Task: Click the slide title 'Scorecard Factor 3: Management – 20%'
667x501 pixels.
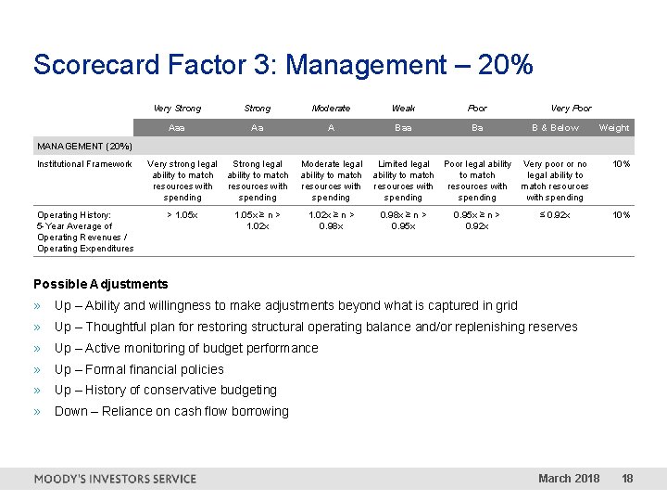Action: point(283,65)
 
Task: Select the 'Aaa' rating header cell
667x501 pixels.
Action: point(176,128)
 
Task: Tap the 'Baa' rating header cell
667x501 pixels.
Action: point(403,128)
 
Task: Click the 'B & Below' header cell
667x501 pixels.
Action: point(555,128)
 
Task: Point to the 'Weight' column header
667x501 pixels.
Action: point(613,128)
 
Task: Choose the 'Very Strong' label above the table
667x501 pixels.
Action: point(176,109)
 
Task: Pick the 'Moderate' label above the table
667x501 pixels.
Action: point(331,109)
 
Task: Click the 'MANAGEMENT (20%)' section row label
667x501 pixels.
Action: point(84,147)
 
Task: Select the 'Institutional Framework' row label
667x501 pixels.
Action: point(84,164)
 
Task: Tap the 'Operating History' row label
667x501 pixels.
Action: point(84,231)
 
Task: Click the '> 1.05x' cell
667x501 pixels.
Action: point(182,215)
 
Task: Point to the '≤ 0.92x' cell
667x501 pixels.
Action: point(555,215)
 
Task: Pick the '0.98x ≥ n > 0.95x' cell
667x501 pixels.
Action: point(403,220)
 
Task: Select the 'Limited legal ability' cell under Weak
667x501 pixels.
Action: point(403,180)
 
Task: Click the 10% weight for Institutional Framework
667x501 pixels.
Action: point(621,164)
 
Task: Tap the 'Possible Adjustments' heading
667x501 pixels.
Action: point(101,284)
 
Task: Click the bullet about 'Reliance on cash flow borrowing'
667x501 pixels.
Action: point(171,411)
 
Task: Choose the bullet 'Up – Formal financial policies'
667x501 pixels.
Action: point(139,369)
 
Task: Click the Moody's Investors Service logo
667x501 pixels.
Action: point(115,479)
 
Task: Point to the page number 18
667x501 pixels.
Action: point(627,479)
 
